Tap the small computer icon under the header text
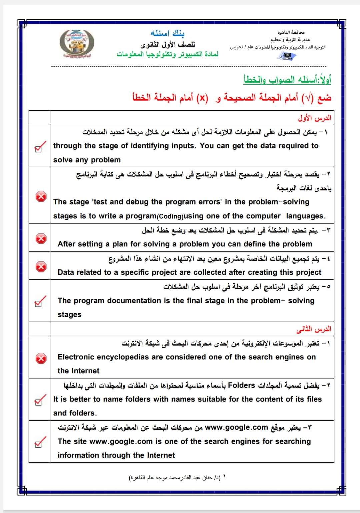click(x=286, y=57)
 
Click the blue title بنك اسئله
click(x=168, y=33)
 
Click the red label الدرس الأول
click(x=315, y=118)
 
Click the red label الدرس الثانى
click(x=314, y=329)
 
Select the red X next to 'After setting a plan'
click(x=41, y=238)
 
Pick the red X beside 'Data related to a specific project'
click(x=41, y=266)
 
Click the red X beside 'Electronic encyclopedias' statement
click(x=41, y=358)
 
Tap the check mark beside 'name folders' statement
click(x=40, y=400)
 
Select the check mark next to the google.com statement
click(x=40, y=442)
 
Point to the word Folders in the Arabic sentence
click(x=241, y=385)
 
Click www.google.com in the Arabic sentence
click(x=236, y=427)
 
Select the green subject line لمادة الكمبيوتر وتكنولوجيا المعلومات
click(x=167, y=54)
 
